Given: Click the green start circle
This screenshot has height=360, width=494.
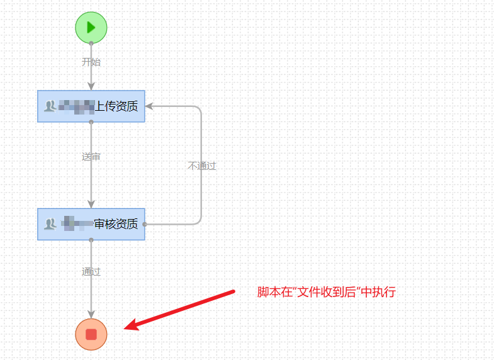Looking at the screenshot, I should [x=91, y=27].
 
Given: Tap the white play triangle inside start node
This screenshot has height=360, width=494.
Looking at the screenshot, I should [x=91, y=27].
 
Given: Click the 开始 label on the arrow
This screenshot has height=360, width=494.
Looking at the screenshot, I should [x=91, y=62].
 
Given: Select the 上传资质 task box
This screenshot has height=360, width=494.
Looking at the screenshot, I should [x=91, y=106].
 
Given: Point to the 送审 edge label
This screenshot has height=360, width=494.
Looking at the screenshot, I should [x=91, y=157].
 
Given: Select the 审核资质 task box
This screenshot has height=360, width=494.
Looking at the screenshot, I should [x=91, y=224].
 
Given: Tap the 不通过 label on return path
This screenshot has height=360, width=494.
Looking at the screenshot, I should [x=201, y=166].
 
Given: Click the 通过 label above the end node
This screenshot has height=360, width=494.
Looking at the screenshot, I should [x=91, y=272].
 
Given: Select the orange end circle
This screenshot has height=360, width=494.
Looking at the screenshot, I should [x=91, y=334].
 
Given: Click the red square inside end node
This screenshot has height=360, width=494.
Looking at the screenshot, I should [x=91, y=334].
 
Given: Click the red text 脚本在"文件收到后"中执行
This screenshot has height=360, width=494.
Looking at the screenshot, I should [x=326, y=292].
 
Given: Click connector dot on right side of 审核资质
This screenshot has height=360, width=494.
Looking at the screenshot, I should [x=145, y=224].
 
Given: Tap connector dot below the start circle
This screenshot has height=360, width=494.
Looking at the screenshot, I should [x=91, y=43].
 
